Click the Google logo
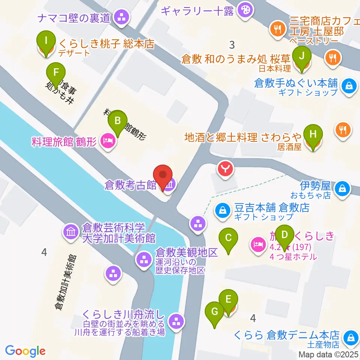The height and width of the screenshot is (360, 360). click(25, 351)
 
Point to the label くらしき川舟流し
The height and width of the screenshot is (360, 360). click(123, 314)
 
